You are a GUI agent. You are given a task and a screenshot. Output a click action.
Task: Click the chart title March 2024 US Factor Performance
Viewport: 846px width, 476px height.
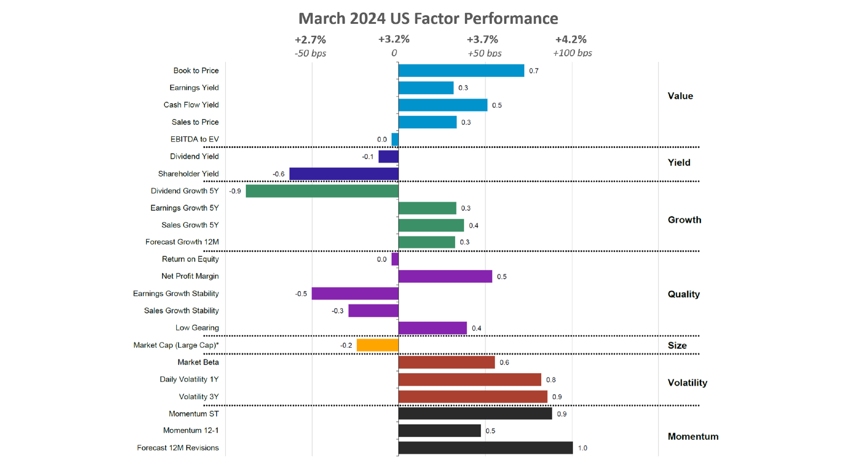[x=428, y=19]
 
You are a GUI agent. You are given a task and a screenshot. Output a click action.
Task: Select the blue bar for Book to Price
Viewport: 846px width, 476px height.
[x=461, y=71]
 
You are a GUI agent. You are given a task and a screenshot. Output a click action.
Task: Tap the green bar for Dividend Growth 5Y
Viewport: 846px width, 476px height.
[x=322, y=191]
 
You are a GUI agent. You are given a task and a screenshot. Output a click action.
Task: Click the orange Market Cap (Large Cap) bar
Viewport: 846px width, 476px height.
[x=377, y=345]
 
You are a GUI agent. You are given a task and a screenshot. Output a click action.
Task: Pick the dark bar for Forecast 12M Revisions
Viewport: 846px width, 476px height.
[x=485, y=448]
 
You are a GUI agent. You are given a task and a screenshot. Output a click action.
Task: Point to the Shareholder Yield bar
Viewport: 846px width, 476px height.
[x=344, y=174]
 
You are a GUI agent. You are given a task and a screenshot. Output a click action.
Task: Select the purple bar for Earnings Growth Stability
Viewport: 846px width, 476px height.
[x=355, y=294]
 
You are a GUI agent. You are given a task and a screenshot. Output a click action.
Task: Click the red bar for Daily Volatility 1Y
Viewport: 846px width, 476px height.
[x=469, y=379]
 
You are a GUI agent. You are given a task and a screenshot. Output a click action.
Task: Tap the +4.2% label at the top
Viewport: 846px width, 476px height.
[x=571, y=40]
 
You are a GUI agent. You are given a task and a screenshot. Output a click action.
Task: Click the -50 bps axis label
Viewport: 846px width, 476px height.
[x=310, y=53]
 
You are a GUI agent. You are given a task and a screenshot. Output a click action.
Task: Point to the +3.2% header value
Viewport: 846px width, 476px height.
[x=394, y=39]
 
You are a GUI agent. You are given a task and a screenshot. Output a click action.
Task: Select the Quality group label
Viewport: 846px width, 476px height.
[x=683, y=294]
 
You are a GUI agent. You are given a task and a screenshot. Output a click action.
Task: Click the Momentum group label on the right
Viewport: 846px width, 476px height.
[x=693, y=436]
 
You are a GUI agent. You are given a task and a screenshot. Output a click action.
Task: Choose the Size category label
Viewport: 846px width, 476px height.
[x=677, y=346]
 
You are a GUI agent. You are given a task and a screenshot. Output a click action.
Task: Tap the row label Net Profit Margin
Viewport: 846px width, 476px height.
[x=190, y=276]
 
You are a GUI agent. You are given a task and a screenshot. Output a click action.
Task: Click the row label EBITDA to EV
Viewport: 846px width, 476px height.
[x=194, y=139]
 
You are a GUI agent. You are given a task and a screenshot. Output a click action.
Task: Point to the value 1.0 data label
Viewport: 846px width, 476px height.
[x=583, y=448]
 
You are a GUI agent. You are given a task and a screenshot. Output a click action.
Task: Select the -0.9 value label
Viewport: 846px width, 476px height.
[x=235, y=191]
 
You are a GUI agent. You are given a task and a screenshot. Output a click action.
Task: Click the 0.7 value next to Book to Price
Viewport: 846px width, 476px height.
[x=534, y=71]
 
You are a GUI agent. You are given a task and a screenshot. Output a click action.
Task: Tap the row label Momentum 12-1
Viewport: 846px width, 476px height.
[x=191, y=431]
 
